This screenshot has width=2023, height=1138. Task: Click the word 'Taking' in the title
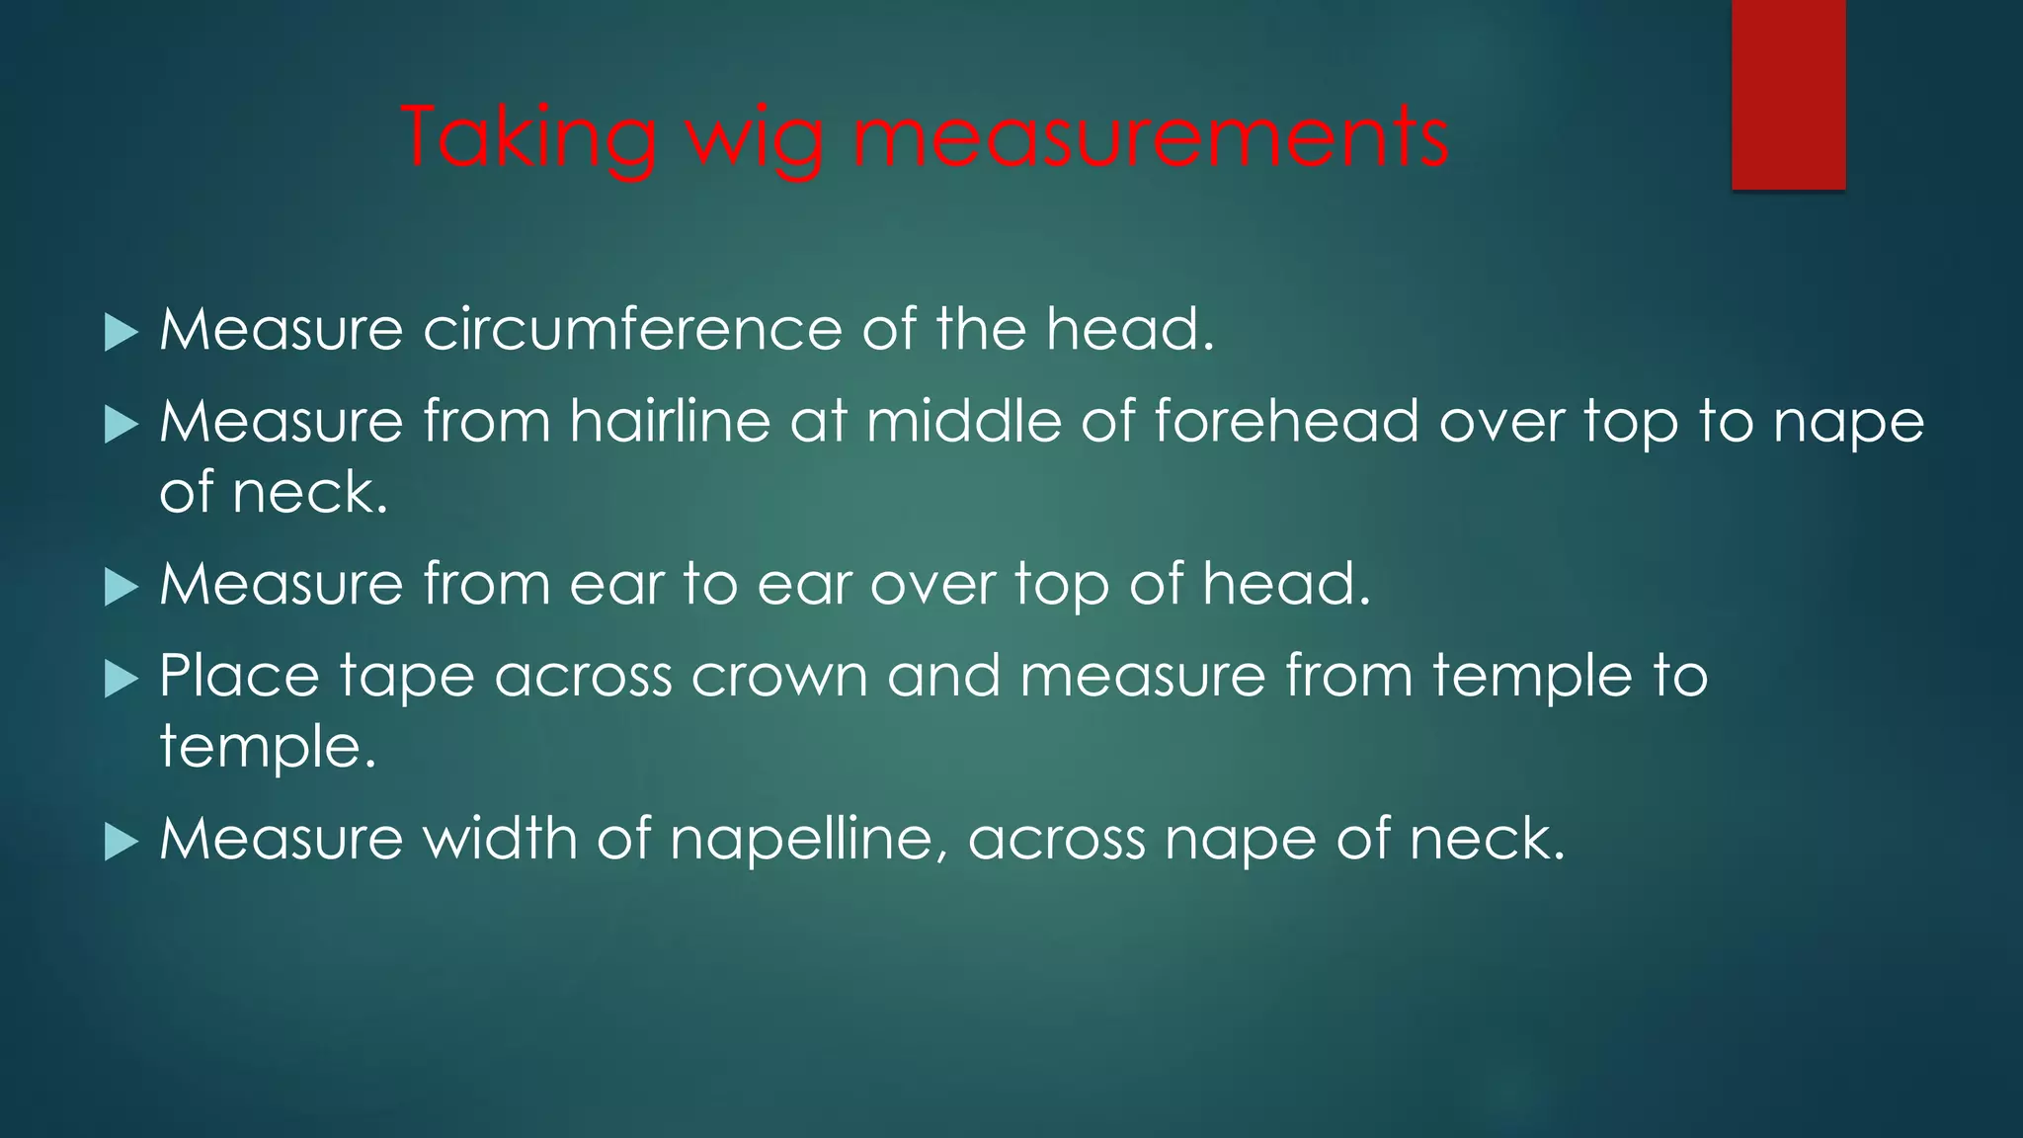click(529, 138)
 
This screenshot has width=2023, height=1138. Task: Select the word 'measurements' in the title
click(1151, 138)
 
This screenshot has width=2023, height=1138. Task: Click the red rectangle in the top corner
click(1788, 94)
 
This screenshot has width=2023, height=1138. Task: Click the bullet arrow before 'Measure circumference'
click(121, 333)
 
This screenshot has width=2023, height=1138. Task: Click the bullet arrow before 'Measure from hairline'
click(121, 426)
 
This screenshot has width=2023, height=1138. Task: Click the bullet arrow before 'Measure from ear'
click(121, 588)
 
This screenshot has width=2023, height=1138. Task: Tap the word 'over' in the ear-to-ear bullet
click(932, 585)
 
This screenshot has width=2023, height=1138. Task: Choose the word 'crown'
click(779, 678)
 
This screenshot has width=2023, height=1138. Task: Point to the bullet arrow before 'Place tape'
click(121, 680)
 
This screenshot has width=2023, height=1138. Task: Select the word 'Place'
click(240, 678)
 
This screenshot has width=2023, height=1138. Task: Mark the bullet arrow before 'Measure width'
click(121, 843)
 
